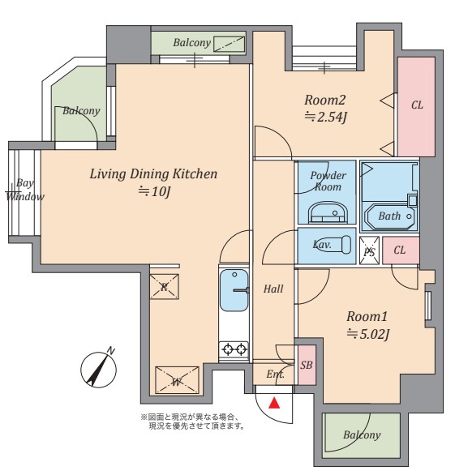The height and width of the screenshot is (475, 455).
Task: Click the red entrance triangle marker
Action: pyautogui.click(x=274, y=403)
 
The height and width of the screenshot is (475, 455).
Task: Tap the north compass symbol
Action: pyautogui.click(x=98, y=370)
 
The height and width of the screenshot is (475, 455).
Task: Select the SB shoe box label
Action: pyautogui.click(x=307, y=365)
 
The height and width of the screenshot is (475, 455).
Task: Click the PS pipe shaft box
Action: pyautogui.click(x=369, y=250)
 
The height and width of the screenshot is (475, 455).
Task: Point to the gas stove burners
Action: pyautogui.click(x=234, y=350)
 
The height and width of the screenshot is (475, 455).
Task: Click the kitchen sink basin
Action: pyautogui.click(x=234, y=290)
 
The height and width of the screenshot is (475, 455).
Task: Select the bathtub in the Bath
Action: pyautogui.click(x=390, y=216)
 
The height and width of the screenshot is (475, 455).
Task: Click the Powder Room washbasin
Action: pyautogui.click(x=328, y=212)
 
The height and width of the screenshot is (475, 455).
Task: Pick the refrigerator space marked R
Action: pyautogui.click(x=165, y=287)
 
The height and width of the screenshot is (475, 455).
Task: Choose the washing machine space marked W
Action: pyautogui.click(x=177, y=380)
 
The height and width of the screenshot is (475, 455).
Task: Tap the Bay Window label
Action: pyautogui.click(x=25, y=190)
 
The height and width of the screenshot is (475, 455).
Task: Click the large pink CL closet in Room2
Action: pyautogui.click(x=417, y=107)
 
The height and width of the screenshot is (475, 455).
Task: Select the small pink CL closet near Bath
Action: pyautogui.click(x=401, y=250)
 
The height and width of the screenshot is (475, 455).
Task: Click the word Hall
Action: pyautogui.click(x=273, y=289)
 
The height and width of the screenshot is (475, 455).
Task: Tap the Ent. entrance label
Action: pyautogui.click(x=275, y=374)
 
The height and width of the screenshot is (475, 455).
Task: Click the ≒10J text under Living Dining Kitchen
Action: pyautogui.click(x=154, y=192)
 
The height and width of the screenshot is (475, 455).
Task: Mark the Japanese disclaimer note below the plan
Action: pyautogui.click(x=193, y=422)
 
